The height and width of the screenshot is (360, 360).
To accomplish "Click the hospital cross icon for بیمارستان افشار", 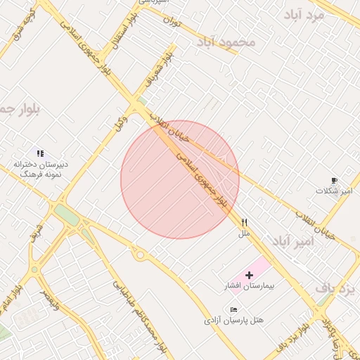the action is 249,274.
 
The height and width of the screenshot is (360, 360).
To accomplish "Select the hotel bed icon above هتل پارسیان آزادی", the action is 233,309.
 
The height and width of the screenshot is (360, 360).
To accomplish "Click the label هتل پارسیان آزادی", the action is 234,320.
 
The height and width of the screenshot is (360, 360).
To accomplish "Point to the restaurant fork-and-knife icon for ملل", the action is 244,221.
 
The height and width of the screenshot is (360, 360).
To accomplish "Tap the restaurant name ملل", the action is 244,232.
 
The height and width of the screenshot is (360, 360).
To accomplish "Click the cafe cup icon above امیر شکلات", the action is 333,180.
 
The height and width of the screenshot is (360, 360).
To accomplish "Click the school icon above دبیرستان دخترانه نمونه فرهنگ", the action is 40,153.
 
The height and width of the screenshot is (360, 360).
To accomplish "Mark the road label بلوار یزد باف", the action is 295,337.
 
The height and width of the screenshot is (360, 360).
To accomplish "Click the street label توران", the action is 172,23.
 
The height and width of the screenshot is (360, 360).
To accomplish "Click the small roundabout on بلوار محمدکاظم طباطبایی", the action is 140,254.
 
